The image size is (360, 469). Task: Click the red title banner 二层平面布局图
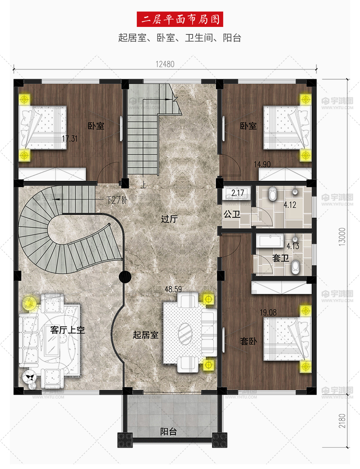pos(180,19)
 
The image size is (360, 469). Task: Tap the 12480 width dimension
pos(165,64)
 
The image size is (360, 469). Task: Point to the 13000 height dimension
pos(342,237)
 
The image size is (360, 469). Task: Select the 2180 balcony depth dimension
pos(342,421)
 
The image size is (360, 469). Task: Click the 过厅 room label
pos(170,219)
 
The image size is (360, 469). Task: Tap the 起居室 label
pos(146,335)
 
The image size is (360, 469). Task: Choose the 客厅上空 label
pos(68,330)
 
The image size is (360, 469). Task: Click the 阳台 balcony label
pos(169,431)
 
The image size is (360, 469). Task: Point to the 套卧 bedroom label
pos(248,341)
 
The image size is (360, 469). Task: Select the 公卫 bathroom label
pos(232,214)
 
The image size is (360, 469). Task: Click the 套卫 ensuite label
pos(280,258)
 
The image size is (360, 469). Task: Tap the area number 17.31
pos(70,139)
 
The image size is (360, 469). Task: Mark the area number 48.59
pos(173,289)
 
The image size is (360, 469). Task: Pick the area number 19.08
pos(268,313)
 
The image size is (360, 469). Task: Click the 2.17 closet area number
pos(238,193)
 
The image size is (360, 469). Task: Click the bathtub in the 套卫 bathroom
pos(271,241)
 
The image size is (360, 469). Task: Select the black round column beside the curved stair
pos(125,277)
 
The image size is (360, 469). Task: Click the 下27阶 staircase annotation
pos(117,200)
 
